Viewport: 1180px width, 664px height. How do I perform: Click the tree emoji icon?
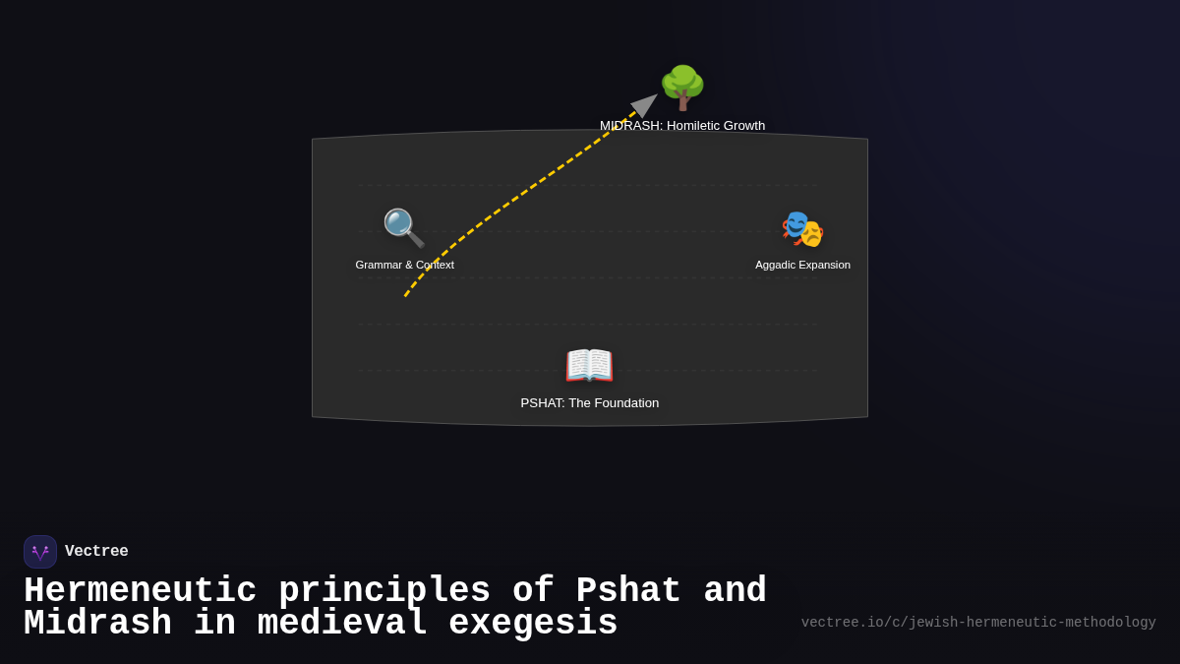point(682,88)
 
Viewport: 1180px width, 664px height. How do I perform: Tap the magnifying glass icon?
point(404,228)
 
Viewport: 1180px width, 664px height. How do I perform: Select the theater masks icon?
point(802,229)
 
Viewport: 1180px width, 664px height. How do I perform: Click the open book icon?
point(589,365)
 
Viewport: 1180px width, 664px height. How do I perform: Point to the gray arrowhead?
point(645,103)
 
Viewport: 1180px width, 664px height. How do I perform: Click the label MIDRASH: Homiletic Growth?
point(682,126)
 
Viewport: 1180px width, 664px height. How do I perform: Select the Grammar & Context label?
point(404,265)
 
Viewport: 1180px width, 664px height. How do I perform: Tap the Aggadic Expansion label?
point(802,265)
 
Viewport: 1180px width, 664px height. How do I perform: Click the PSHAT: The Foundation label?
point(589,403)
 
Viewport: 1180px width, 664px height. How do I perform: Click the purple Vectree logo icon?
point(40,552)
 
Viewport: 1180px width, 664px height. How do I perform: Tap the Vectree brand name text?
point(96,552)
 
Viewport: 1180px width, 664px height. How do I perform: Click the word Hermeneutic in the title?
point(140,591)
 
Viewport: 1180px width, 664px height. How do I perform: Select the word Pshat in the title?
point(628,591)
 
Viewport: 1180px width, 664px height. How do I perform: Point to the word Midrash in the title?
point(97,624)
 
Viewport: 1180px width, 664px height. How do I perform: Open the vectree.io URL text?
point(978,623)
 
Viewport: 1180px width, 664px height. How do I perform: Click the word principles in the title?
point(384,591)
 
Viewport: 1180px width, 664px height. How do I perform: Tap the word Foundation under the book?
point(622,403)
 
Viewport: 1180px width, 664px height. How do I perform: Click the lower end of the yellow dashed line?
point(405,296)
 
